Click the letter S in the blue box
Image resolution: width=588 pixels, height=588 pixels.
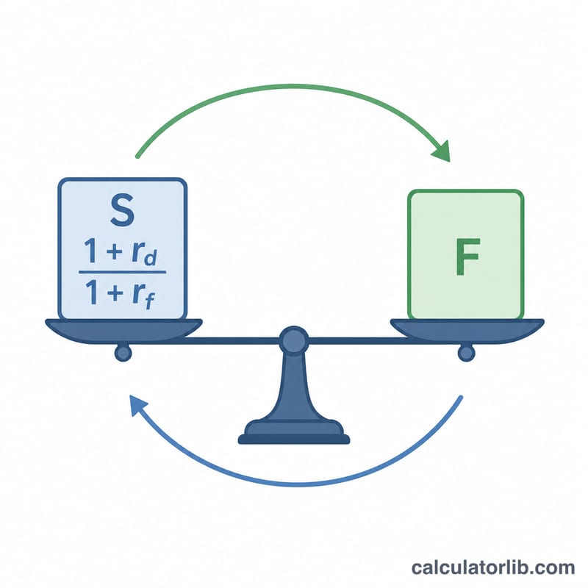coord(122,210)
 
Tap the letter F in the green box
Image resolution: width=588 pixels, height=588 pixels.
coord(467,257)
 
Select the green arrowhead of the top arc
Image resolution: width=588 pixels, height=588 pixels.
coord(442,151)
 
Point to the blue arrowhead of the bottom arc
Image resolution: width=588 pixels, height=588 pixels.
coord(137,405)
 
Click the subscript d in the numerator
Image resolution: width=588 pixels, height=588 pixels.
coord(151,258)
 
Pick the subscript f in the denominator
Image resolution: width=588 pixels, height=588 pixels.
coord(150,300)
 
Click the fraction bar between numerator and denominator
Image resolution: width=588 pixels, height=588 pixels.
coord(122,272)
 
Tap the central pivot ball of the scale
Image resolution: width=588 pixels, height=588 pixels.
coord(294,340)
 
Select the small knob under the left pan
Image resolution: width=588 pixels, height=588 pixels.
coord(123,353)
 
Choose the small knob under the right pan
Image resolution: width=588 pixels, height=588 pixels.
coord(466,353)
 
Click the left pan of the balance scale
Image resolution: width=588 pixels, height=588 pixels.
coord(123,331)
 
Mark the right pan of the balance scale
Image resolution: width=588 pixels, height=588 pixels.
coord(467,331)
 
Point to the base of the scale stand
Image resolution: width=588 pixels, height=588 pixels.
coord(294,432)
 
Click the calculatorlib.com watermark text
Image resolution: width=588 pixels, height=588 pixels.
coord(493,567)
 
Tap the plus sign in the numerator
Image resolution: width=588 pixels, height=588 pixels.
coord(115,251)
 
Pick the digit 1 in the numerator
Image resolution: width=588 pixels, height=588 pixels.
coord(91,250)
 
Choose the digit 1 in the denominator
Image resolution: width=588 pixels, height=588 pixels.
coord(92,292)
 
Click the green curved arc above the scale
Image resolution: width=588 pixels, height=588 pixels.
coord(293,86)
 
